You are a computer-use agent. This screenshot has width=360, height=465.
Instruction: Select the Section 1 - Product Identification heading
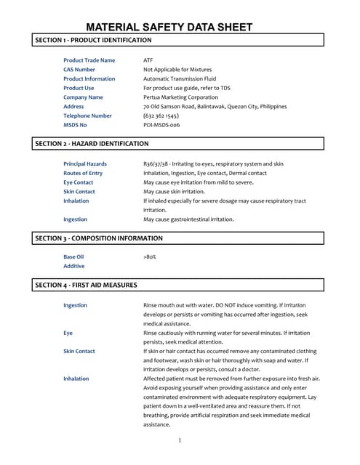coord(93,41)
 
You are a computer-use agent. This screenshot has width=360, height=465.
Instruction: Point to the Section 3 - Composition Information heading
coord(99,238)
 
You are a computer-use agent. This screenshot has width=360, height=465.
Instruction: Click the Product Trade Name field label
coord(89,60)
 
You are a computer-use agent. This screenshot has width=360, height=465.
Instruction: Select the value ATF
coord(148,60)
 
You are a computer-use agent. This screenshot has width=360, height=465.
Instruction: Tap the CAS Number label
coord(79,70)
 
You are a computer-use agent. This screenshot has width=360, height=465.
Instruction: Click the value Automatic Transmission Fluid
coord(180,78)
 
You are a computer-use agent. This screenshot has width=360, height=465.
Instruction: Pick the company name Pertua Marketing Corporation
coord(180,97)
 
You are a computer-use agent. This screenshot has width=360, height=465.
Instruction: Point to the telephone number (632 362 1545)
coord(161,116)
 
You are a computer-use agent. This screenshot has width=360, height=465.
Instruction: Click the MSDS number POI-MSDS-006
coord(161,125)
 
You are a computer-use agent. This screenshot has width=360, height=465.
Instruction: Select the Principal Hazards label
coord(85,164)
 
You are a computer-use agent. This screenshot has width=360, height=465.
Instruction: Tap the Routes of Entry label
coord(83,174)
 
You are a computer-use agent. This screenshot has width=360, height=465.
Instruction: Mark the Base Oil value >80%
coord(150,257)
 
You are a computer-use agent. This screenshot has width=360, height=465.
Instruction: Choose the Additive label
coord(74,267)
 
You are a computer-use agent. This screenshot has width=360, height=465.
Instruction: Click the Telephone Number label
coord(87,116)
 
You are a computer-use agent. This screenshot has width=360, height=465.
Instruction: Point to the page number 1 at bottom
coord(180,440)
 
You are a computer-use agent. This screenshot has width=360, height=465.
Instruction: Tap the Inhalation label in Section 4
coord(76,379)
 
